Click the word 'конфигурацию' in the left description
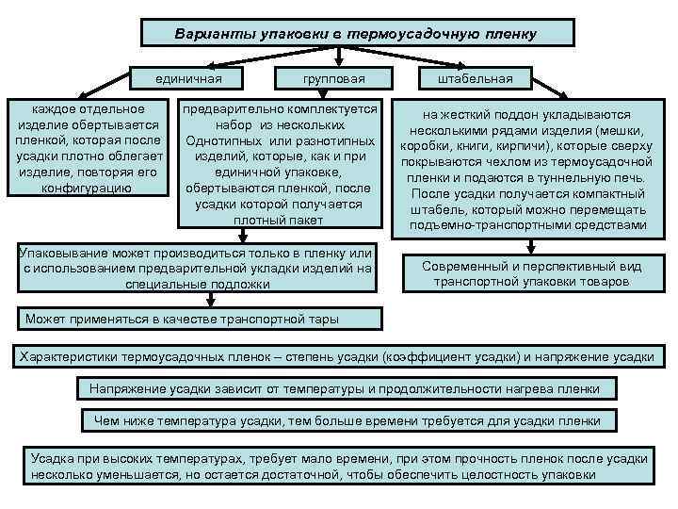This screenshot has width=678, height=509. [87, 188]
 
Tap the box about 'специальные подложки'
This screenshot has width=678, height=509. [196, 269]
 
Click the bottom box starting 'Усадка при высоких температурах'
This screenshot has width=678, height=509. [339, 466]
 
